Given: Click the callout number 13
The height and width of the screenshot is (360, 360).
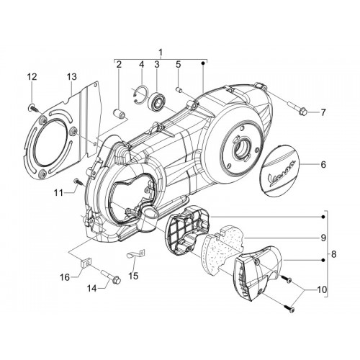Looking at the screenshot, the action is (x=71, y=77).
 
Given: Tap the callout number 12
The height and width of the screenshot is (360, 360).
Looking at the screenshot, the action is (x=32, y=77).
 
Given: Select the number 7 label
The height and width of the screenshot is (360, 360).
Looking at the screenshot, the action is (x=323, y=112).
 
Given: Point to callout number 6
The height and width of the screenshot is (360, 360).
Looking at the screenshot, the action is (x=323, y=165).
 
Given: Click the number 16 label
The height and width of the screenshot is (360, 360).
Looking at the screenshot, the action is (x=65, y=277).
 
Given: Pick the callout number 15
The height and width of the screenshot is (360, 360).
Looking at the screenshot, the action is (x=133, y=276).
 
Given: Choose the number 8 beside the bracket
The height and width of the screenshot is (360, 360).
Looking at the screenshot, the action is (x=333, y=254).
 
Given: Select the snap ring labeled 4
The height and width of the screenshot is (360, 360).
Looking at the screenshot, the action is (x=140, y=95).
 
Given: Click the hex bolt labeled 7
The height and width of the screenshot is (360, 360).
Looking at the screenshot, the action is (x=297, y=107).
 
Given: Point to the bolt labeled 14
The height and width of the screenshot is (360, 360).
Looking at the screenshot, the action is (x=111, y=276).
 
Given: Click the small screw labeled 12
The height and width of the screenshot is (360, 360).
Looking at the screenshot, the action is (x=34, y=107).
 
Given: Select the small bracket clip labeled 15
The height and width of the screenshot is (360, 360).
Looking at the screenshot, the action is (x=136, y=253).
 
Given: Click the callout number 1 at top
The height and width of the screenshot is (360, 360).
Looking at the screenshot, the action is (x=161, y=52).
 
